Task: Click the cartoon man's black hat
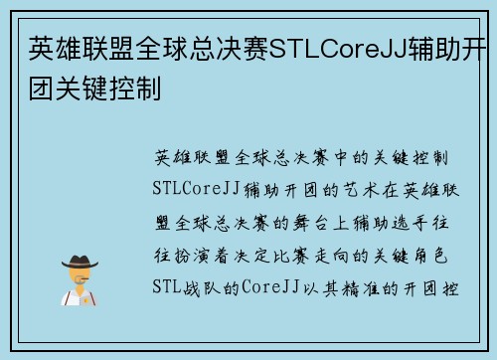(x=79, y=260)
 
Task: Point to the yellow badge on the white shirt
(x=89, y=298)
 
